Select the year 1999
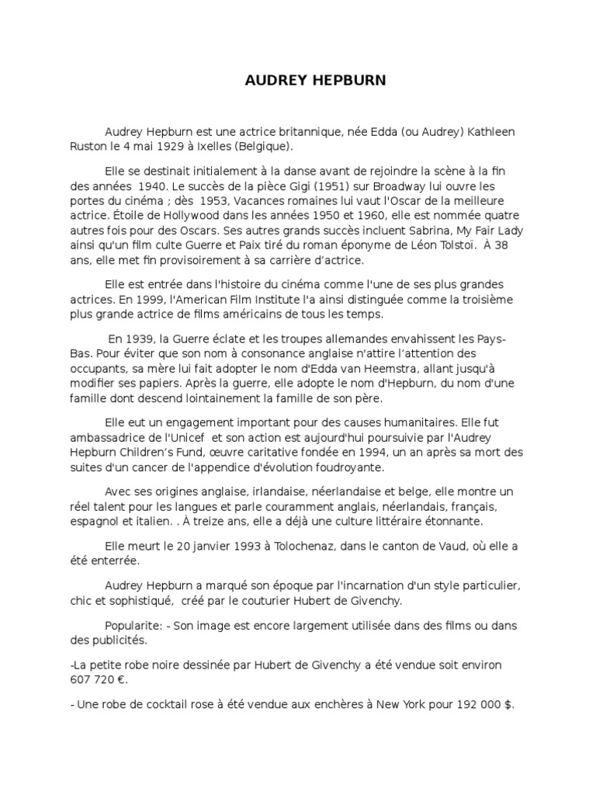point(165,299)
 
